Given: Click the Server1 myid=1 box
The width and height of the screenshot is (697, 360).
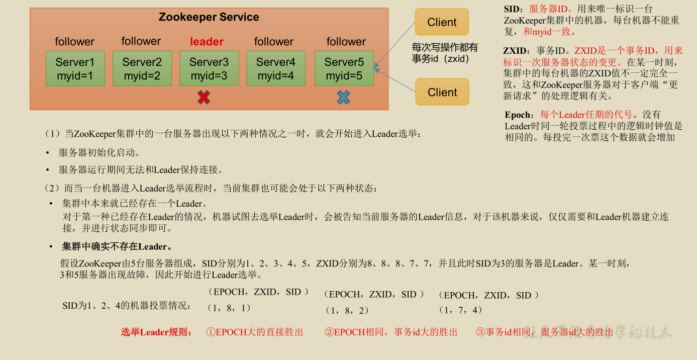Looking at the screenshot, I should click(x=75, y=68).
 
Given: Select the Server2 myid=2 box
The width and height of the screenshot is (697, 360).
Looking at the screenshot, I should click(x=142, y=68).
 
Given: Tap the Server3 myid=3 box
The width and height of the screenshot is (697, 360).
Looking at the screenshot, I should click(x=209, y=68).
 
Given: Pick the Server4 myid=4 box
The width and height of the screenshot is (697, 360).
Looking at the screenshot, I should click(x=275, y=68).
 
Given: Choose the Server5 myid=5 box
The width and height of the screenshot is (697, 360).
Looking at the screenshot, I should click(x=344, y=68).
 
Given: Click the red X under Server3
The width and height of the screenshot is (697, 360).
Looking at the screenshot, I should click(x=204, y=98).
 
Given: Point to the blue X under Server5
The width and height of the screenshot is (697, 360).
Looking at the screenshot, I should click(x=343, y=97).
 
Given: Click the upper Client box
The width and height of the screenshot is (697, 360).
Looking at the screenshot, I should click(x=442, y=22).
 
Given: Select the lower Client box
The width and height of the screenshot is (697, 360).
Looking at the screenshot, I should click(x=442, y=92).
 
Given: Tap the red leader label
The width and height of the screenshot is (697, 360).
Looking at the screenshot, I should click(x=207, y=42).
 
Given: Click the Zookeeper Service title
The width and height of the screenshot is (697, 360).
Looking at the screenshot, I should click(x=209, y=17).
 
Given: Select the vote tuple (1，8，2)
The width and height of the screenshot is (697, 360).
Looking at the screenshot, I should click(x=347, y=310).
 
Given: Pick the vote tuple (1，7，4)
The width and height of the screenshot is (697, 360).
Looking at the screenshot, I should click(x=460, y=310).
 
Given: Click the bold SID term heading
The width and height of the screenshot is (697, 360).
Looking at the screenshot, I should click(x=512, y=9).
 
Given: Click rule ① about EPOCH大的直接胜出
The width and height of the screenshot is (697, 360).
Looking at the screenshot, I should click(x=255, y=332).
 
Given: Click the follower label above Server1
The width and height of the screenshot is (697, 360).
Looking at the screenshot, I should click(x=74, y=42).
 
